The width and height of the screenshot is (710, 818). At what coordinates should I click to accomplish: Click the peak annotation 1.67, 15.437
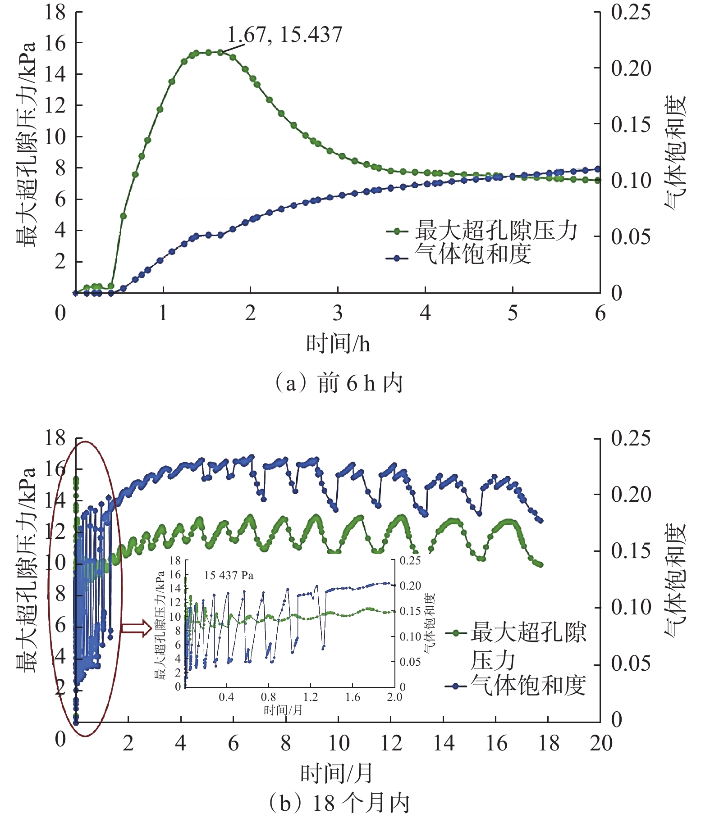(x=284, y=35)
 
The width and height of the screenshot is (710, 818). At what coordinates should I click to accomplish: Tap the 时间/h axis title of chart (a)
(x=338, y=344)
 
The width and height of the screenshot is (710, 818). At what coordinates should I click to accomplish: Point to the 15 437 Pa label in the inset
(x=229, y=576)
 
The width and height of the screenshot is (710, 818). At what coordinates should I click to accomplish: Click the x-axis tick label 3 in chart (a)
(x=338, y=314)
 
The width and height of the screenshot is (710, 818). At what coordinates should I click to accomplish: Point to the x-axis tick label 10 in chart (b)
(x=339, y=743)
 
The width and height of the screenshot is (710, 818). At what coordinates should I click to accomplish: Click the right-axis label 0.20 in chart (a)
(x=631, y=68)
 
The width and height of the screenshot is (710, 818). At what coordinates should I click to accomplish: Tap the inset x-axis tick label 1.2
(x=310, y=697)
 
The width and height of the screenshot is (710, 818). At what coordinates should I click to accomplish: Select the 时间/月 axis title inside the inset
(x=283, y=710)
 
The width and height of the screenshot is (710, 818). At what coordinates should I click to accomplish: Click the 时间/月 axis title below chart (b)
(x=337, y=774)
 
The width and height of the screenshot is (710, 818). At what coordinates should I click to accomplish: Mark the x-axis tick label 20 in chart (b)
(x=601, y=743)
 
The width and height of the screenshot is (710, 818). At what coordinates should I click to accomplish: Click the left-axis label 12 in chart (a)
(x=55, y=105)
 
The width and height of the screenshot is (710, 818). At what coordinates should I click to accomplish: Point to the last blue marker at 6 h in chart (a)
(x=598, y=169)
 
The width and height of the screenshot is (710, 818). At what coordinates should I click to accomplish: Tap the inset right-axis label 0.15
(x=410, y=611)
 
